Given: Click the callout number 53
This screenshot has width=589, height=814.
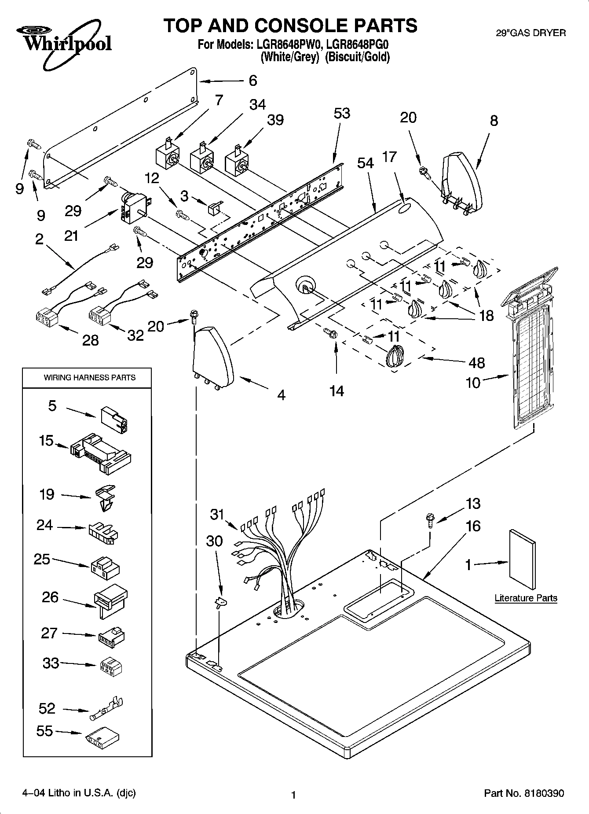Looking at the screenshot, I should click(342, 113).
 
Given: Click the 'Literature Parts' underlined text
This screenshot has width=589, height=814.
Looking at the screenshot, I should click(526, 598).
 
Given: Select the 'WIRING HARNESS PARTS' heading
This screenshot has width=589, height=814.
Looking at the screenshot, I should click(89, 377).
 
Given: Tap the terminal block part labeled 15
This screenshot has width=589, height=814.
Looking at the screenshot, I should click(101, 453).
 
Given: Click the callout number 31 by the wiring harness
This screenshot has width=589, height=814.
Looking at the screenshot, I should click(217, 514).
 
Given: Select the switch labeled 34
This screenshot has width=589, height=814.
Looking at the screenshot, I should click(202, 159).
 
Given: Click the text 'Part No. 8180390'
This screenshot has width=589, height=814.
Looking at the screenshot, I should click(523, 793).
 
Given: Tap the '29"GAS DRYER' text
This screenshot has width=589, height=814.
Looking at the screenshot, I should click(530, 33).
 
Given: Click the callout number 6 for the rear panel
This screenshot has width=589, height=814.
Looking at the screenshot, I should click(253, 81).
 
